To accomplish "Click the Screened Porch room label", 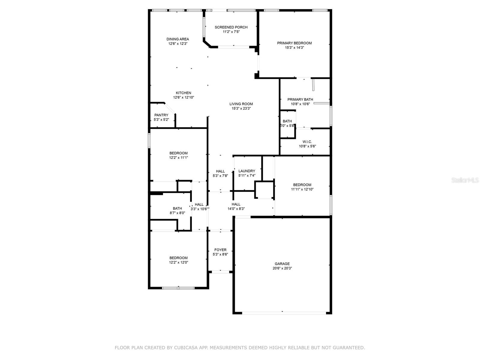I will (231, 27).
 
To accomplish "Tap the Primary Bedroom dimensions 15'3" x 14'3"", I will (294, 48).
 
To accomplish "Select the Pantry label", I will (161, 115).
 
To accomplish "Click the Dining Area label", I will (178, 39).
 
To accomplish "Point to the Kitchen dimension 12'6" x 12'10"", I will (183, 97).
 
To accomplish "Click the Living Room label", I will (241, 104).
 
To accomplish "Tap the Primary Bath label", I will (300, 100).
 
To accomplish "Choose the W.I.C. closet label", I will (307, 142).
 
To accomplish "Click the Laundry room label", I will (247, 171).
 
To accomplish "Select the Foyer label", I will (220, 250).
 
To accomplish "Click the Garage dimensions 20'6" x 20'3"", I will (282, 268).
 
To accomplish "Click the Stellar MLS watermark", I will (465, 180).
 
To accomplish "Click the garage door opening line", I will (284, 313).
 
